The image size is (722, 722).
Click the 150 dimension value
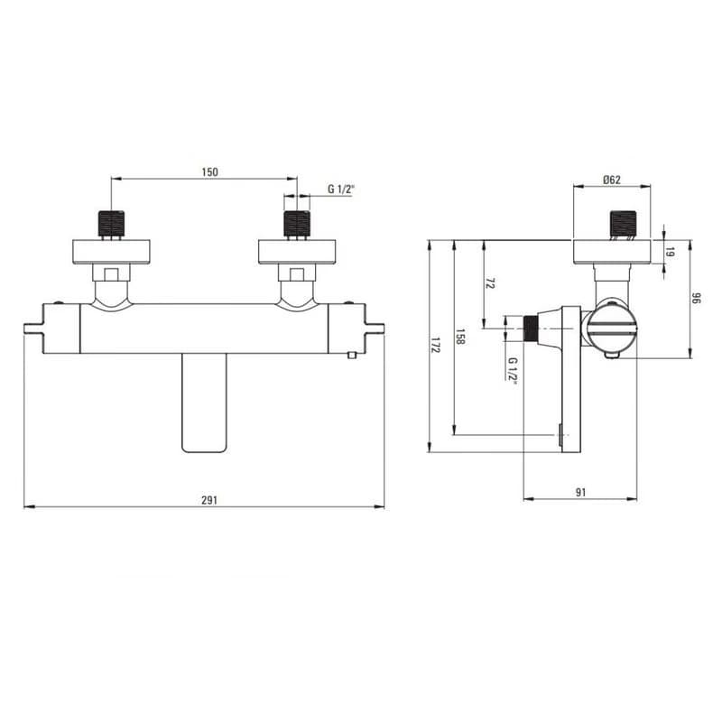(209, 172)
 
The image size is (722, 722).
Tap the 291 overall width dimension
(209, 501)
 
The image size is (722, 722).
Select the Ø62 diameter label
(612, 180)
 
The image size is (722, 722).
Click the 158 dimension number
(460, 337)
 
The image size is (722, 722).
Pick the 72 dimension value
(490, 283)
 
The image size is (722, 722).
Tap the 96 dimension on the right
(696, 299)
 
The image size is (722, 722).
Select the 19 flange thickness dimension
(671, 253)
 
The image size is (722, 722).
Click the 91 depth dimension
(581, 492)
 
